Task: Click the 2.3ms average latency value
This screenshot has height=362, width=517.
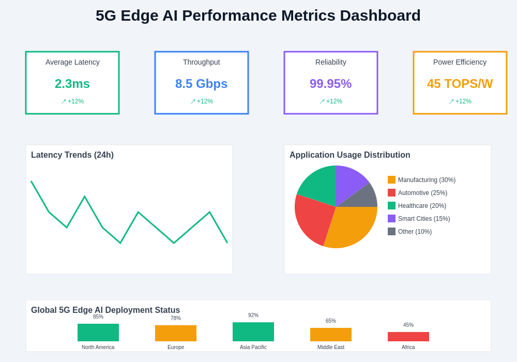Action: (72, 84)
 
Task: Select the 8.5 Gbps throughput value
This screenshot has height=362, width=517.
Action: (201, 84)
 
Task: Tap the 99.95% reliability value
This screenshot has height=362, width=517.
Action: (330, 84)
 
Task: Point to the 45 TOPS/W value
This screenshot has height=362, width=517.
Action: (460, 84)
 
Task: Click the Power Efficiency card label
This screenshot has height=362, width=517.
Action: (460, 62)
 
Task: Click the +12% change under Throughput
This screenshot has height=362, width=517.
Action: (202, 101)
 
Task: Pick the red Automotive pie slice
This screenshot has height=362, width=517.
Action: (313, 217)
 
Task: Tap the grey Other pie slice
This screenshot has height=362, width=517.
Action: (367, 198)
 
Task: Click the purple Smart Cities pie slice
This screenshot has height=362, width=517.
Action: (349, 181)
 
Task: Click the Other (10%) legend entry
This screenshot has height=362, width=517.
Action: (414, 232)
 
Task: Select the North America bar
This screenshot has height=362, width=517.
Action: (98, 333)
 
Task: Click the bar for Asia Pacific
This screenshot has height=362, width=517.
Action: (253, 332)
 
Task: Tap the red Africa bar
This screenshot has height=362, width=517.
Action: (408, 337)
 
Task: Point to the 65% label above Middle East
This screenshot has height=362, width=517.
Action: (331, 321)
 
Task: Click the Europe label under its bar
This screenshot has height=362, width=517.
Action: (176, 348)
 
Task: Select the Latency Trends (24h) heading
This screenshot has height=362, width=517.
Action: (72, 155)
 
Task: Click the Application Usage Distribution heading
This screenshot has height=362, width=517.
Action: (349, 155)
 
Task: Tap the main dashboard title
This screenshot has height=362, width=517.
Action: (258, 16)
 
